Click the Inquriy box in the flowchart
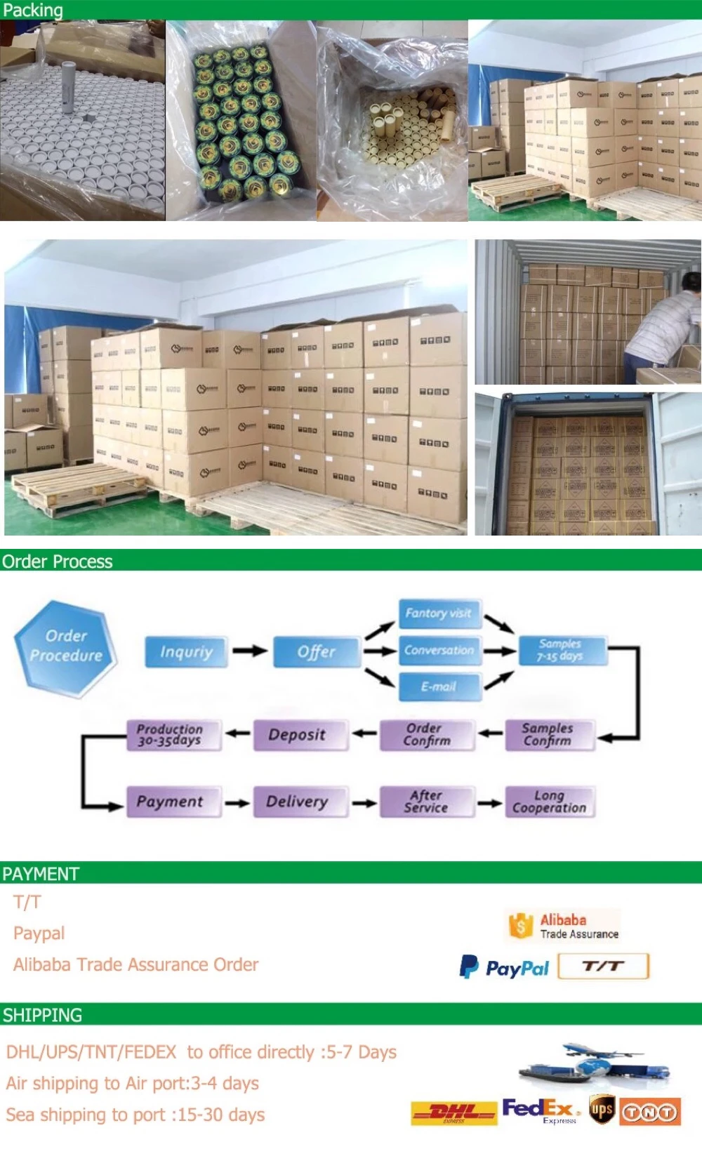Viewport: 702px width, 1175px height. click(x=186, y=651)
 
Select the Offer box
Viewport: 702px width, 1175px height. click(x=317, y=651)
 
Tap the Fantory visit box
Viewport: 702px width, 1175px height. click(x=439, y=613)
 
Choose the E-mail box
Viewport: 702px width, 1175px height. click(x=439, y=686)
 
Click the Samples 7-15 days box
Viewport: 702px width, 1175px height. click(x=560, y=650)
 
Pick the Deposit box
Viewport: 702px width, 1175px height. click(x=297, y=735)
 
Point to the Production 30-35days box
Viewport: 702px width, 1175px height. click(x=171, y=735)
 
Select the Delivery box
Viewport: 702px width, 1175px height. click(x=297, y=802)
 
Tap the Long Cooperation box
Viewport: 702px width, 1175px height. click(x=549, y=802)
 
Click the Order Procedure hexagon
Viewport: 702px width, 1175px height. click(x=65, y=647)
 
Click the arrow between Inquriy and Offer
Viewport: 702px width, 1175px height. click(x=249, y=651)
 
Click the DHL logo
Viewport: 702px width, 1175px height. click(x=453, y=1112)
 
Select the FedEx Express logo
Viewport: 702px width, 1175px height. click(x=541, y=1110)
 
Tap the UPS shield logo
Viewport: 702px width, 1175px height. click(x=602, y=1110)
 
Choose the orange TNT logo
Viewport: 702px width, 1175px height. click(x=649, y=1112)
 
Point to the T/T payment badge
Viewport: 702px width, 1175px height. click(x=603, y=966)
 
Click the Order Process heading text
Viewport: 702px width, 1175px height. click(x=58, y=562)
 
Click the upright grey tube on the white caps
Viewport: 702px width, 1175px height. click(x=69, y=86)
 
